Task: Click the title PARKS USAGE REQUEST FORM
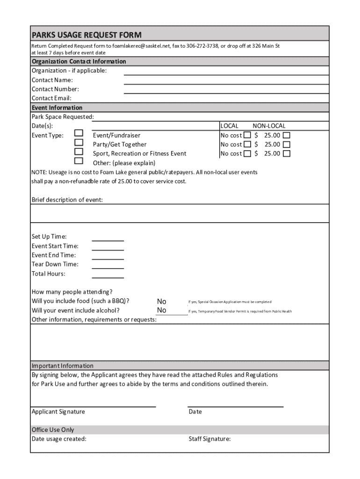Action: [86, 35]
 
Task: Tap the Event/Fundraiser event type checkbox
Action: [79, 134]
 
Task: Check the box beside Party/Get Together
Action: [79, 143]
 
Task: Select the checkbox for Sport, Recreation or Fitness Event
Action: [79, 152]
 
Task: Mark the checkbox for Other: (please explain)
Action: [79, 161]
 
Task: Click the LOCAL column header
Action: [229, 126]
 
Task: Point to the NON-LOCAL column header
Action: [269, 126]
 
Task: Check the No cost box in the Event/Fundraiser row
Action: [247, 135]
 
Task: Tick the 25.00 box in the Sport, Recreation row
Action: [287, 153]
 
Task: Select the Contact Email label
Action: [51, 98]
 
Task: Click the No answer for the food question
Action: [162, 302]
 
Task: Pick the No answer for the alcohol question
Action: [162, 310]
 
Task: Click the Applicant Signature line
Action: [93, 405]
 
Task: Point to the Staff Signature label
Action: [209, 439]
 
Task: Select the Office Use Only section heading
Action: [53, 429]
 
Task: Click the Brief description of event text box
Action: [180, 214]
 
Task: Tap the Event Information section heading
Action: [57, 108]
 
